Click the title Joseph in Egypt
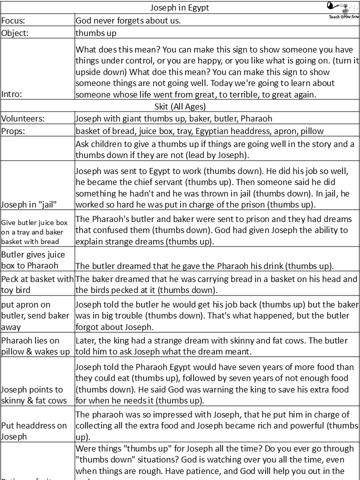click(180, 7)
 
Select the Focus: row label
click(13, 20)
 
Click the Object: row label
click(15, 33)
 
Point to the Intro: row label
click(13, 93)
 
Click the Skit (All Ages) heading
click(180, 106)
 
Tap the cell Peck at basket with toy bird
click(37, 284)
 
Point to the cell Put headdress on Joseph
click(34, 430)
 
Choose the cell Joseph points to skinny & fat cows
click(33, 395)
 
